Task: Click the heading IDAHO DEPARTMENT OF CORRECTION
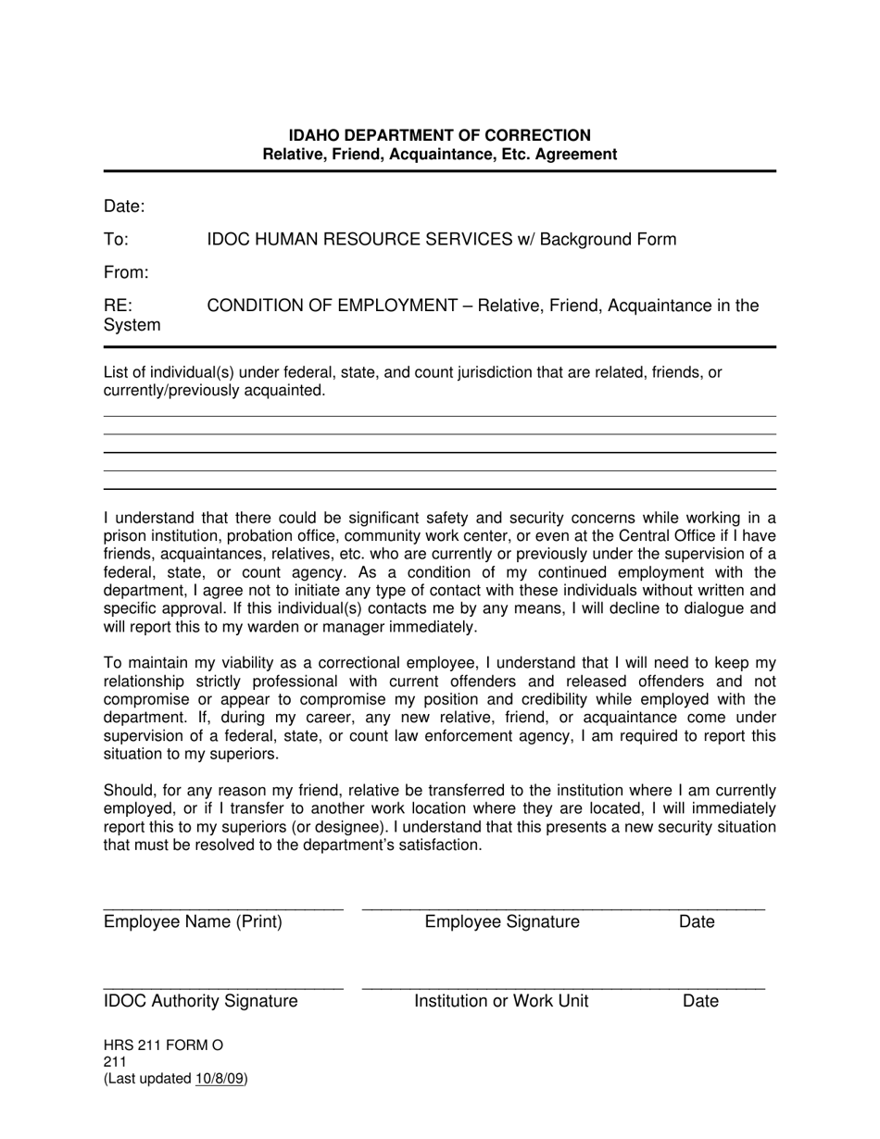click(x=439, y=135)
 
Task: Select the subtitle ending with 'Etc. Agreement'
click(x=439, y=155)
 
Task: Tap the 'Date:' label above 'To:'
click(x=124, y=207)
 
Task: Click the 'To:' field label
click(x=116, y=240)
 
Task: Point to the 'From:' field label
click(x=126, y=273)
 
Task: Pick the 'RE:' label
click(x=118, y=306)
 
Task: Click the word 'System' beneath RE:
click(x=132, y=325)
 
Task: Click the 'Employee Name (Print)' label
click(x=193, y=921)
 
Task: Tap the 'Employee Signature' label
click(x=502, y=921)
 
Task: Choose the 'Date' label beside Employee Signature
click(x=697, y=921)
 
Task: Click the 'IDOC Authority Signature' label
click(x=201, y=1001)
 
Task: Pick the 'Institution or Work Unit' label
click(x=501, y=1001)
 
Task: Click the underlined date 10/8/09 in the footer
click(x=220, y=1079)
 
